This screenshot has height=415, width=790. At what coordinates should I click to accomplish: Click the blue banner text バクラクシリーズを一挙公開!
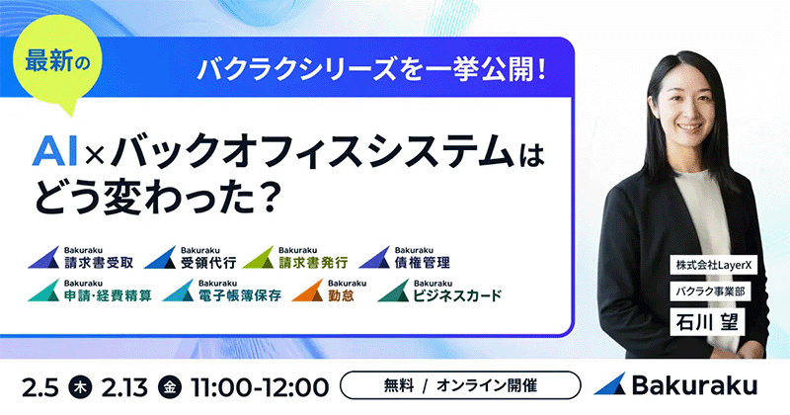click(x=372, y=70)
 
